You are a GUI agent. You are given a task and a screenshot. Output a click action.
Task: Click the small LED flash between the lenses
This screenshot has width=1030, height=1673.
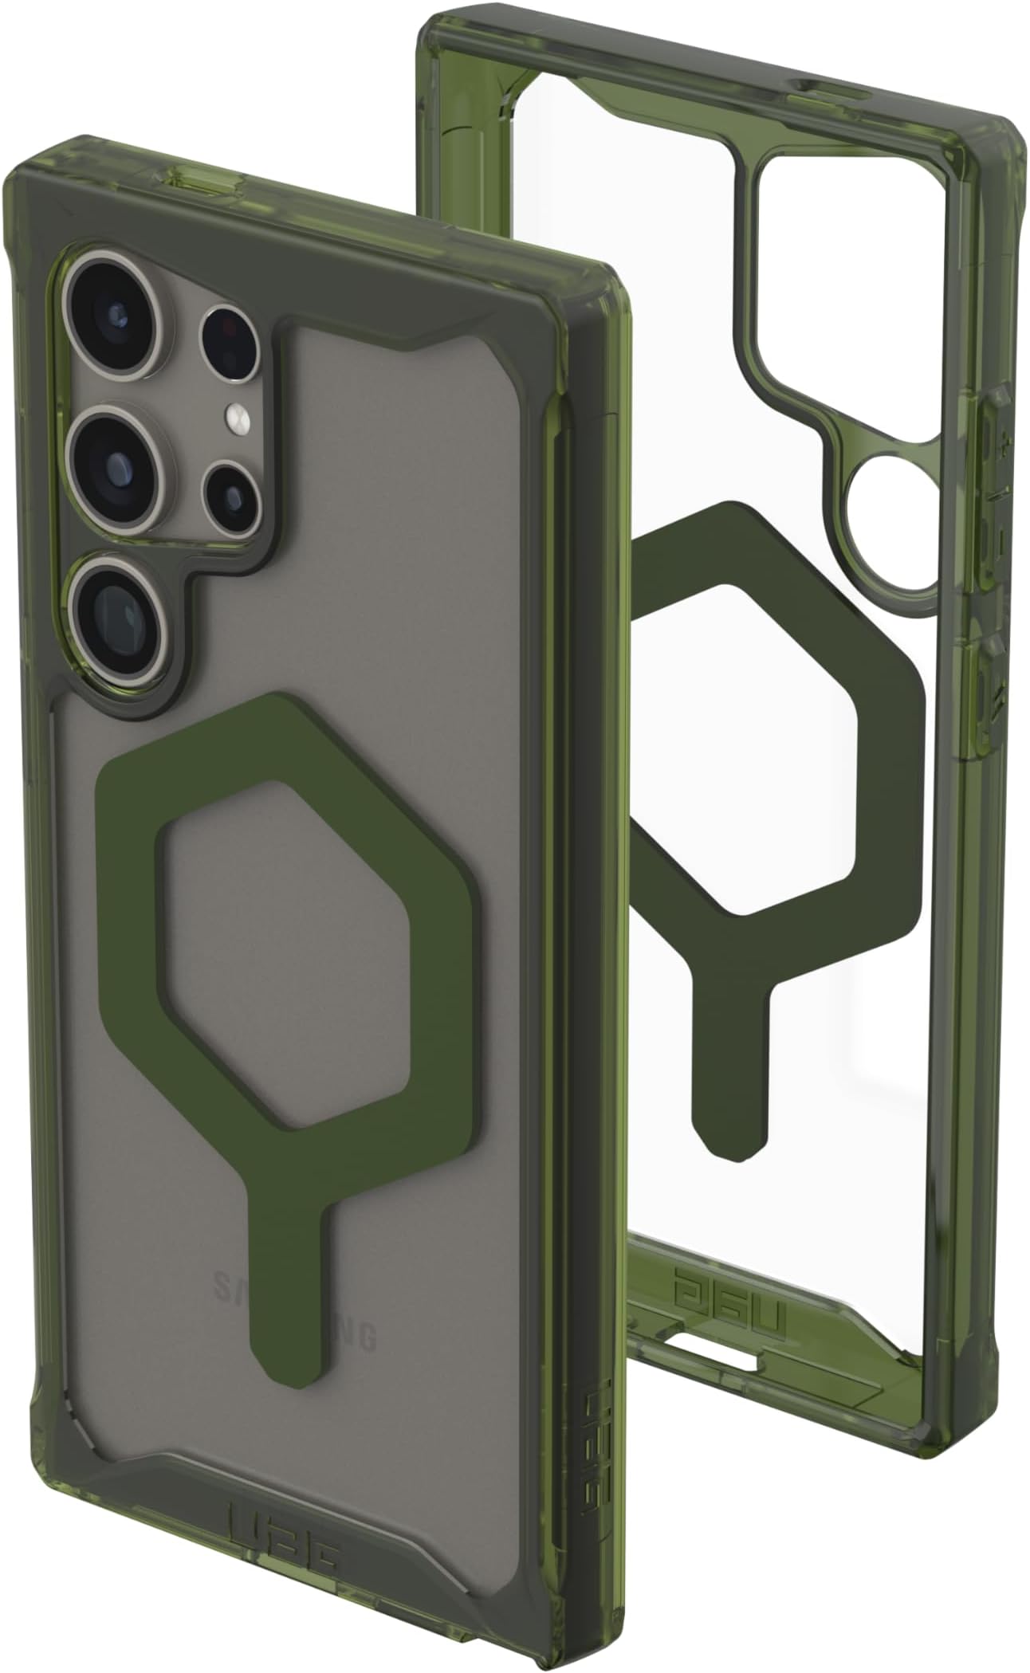237,416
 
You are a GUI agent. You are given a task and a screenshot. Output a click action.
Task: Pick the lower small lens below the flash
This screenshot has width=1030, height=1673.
231,497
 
